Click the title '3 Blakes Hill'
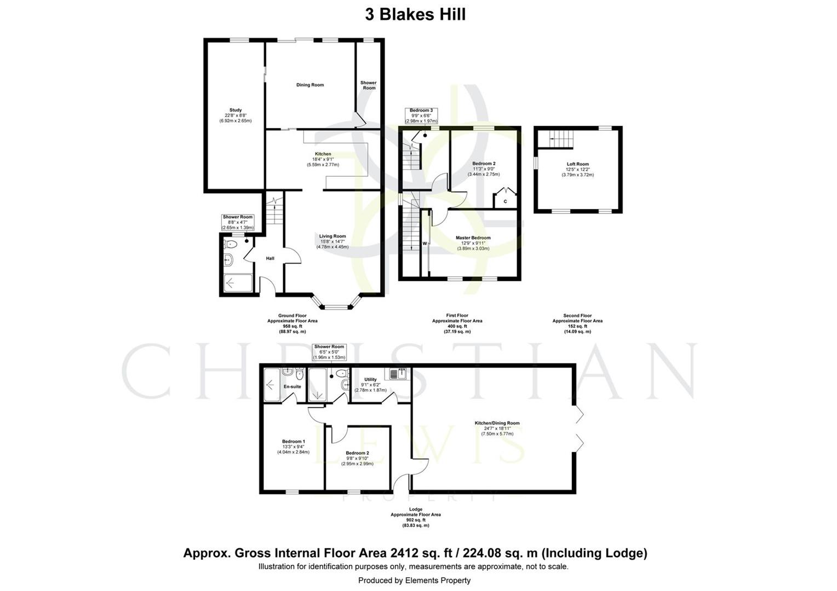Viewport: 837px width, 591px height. pyautogui.click(x=415, y=14)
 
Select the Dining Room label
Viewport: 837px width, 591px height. pyautogui.click(x=310, y=85)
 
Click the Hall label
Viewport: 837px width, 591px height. pyautogui.click(x=270, y=258)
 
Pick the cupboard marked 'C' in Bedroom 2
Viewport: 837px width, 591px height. pyautogui.click(x=505, y=201)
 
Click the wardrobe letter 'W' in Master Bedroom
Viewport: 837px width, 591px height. pyautogui.click(x=425, y=243)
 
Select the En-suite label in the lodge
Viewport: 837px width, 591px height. pyautogui.click(x=292, y=386)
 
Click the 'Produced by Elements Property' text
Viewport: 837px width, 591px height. pyautogui.click(x=414, y=580)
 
